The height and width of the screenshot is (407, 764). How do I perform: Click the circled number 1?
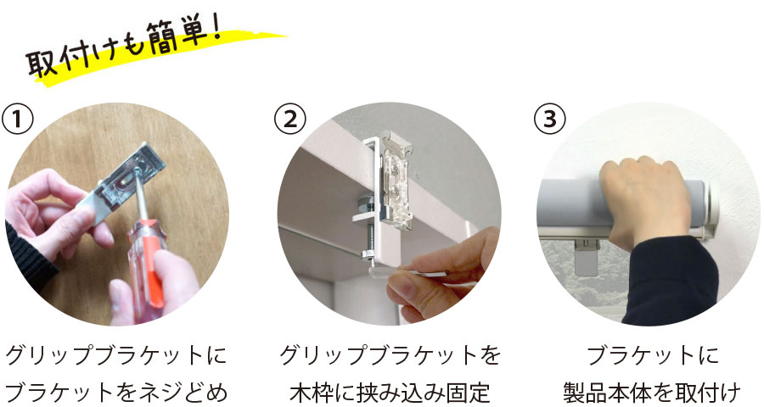pos(20,119)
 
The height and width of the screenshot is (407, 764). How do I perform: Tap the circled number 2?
pos(291,119)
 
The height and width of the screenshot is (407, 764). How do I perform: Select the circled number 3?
pos(549,119)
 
